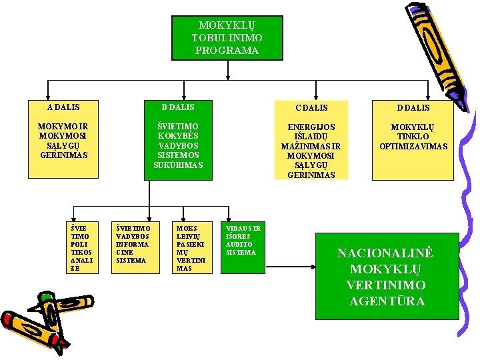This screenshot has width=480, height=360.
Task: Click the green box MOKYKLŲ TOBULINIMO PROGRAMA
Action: click(227, 37)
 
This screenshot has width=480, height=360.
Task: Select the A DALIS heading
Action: click(64, 107)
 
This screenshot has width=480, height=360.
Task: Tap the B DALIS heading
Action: click(178, 107)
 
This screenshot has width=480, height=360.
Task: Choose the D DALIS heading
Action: click(413, 107)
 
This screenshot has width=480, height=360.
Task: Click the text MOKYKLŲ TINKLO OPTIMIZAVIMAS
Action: click(413, 136)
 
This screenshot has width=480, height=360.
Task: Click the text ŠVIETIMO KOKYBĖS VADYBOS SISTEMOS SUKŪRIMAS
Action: click(178, 145)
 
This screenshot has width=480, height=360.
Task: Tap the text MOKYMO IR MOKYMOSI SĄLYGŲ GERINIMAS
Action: click(64, 140)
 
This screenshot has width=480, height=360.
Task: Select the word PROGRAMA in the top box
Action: click(227, 51)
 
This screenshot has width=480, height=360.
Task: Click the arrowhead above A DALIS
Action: click(47, 96)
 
